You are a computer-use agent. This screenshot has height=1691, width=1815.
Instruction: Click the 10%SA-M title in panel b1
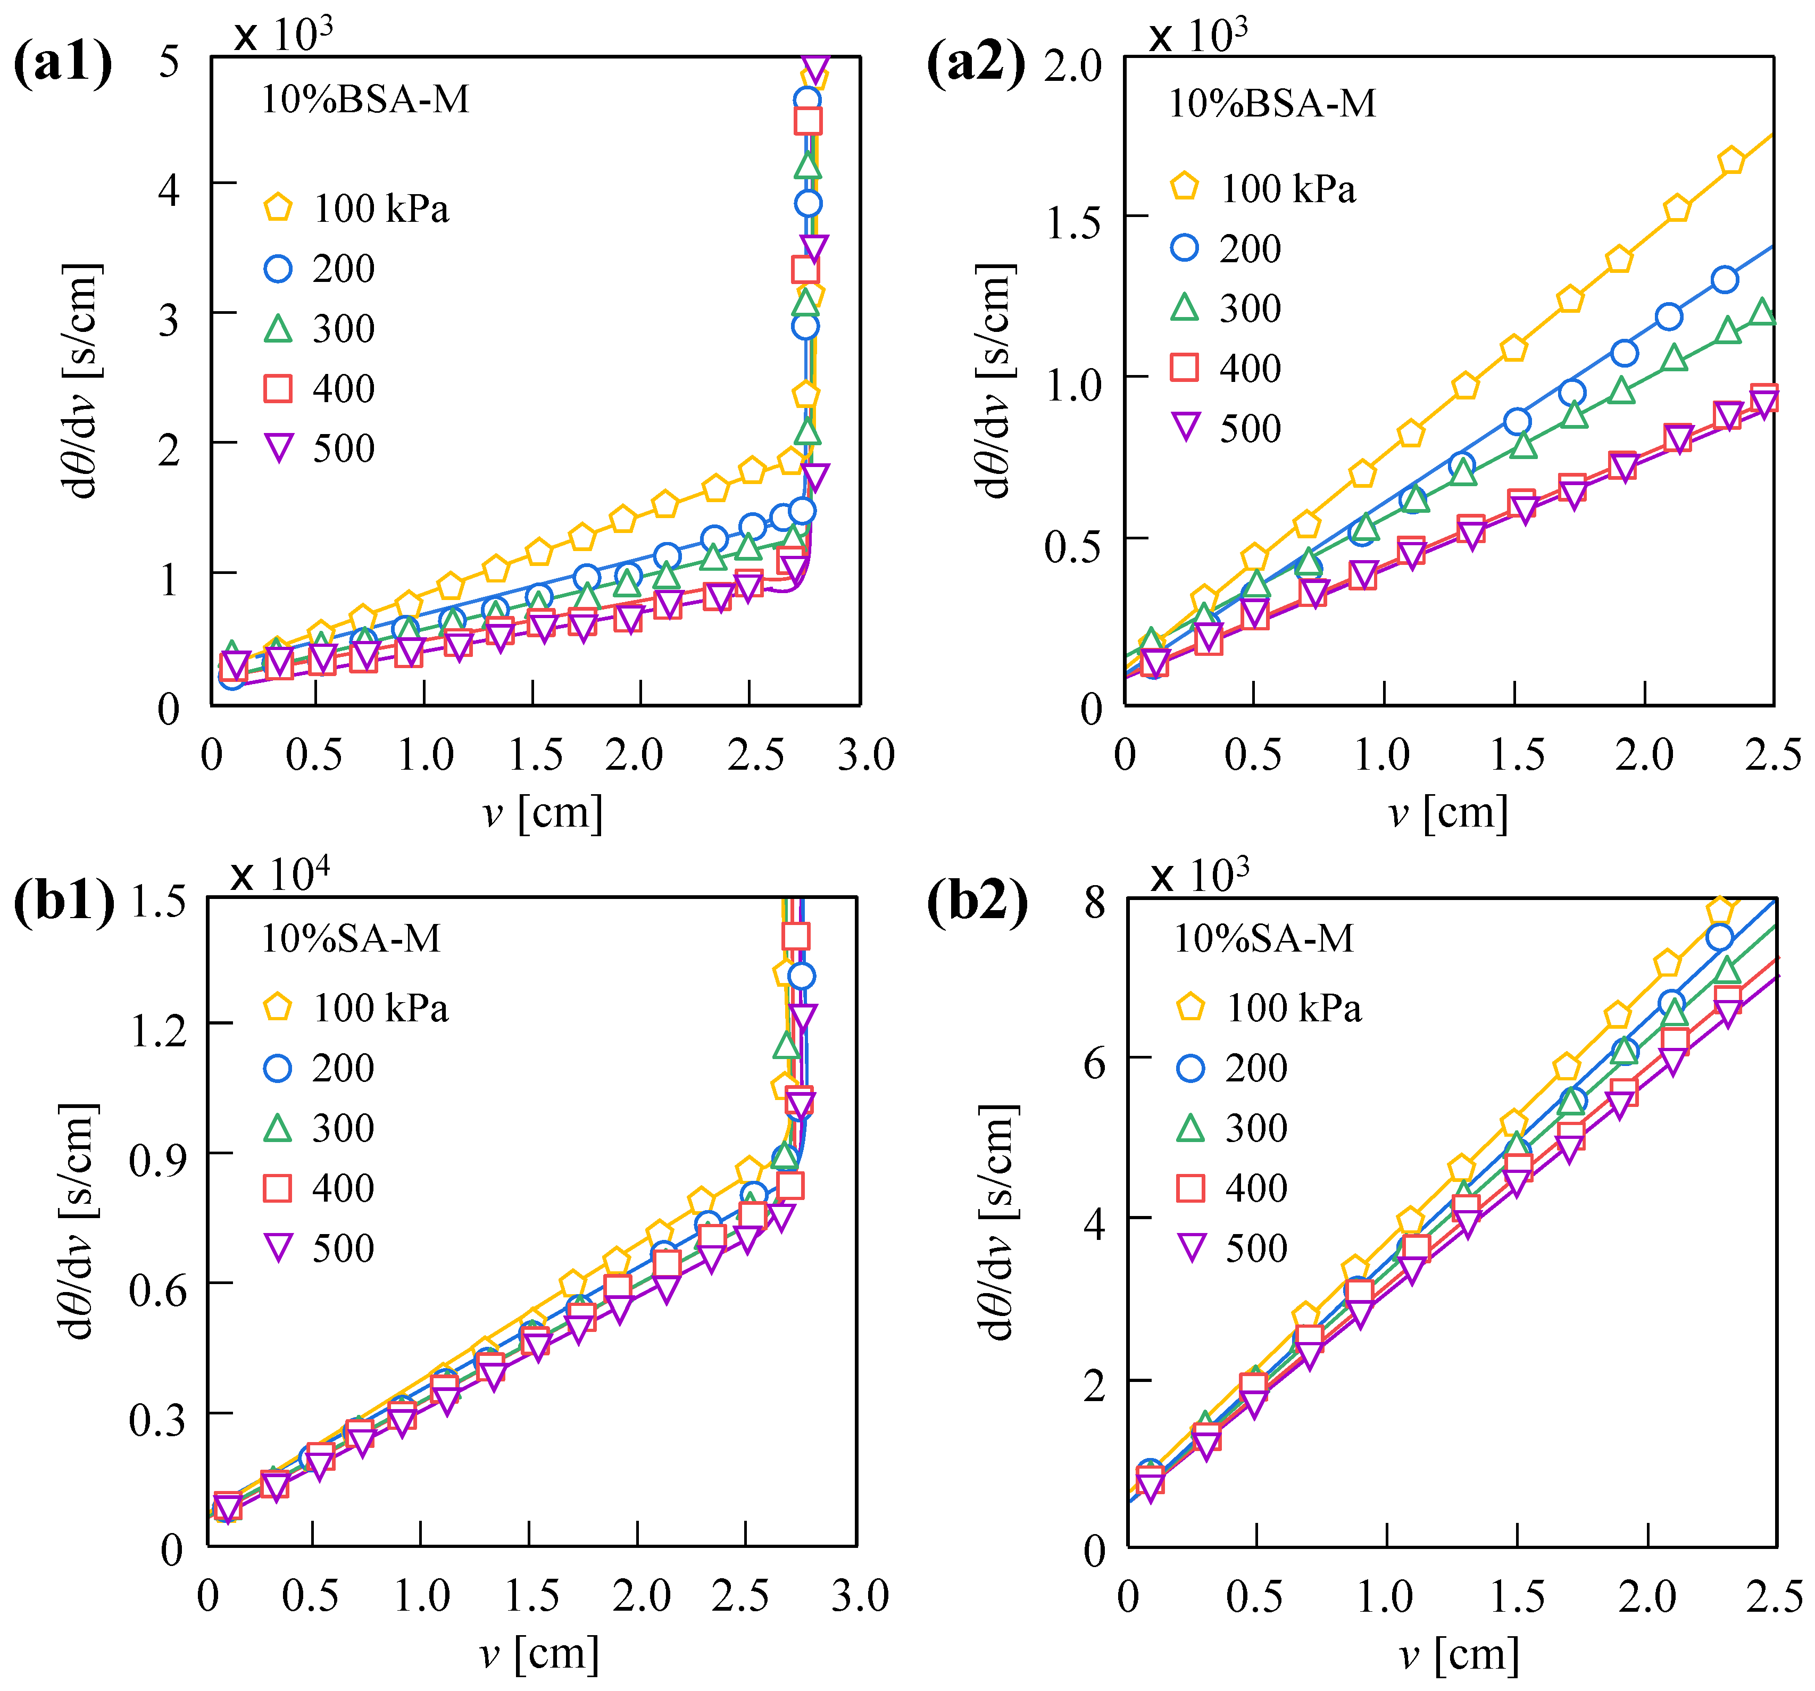coord(351,938)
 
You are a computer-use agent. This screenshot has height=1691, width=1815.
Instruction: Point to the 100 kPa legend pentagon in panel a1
coord(278,208)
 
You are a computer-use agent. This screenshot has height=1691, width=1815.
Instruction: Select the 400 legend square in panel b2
coord(1190,1188)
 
